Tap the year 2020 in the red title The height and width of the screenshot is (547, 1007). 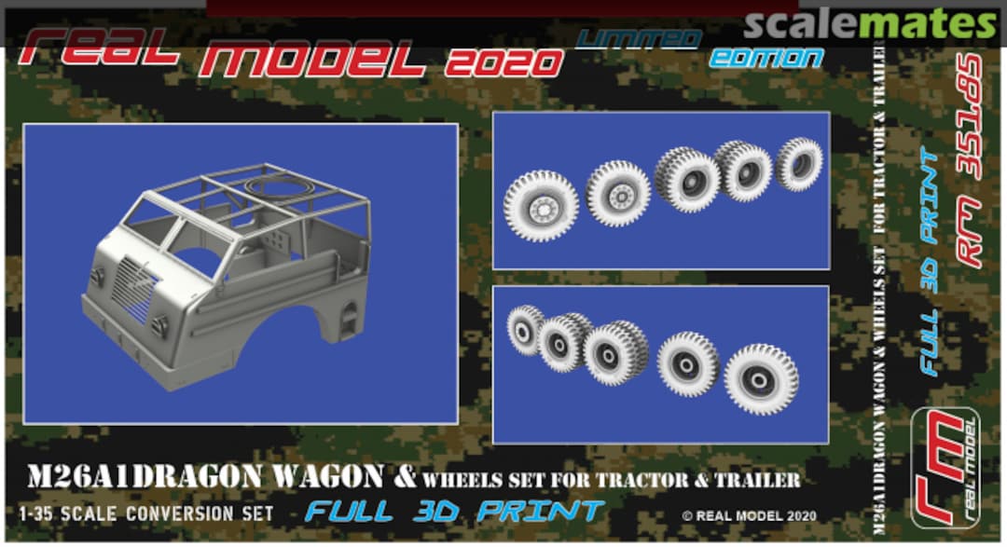tap(504, 62)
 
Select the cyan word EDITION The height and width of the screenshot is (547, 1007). tap(766, 57)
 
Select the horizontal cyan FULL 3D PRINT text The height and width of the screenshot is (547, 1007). tap(455, 511)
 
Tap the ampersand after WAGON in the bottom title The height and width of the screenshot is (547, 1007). tap(403, 476)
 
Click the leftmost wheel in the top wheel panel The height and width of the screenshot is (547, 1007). tap(541, 206)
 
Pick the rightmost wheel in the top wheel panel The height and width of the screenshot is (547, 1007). tap(799, 162)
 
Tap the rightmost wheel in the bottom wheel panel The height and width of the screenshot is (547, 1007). tap(761, 377)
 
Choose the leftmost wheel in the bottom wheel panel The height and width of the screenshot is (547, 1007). tap(526, 329)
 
